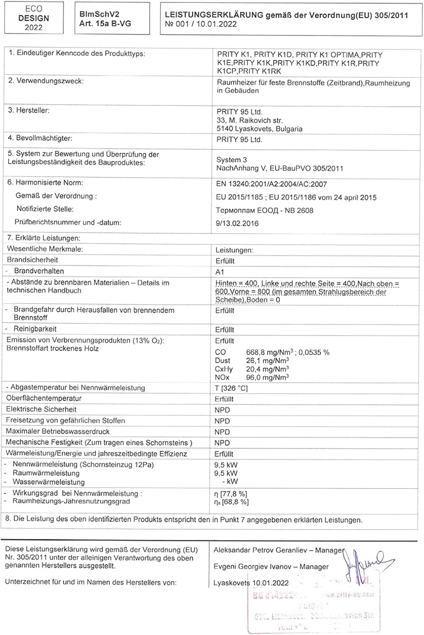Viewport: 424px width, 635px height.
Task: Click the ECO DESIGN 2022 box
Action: [x=33, y=18]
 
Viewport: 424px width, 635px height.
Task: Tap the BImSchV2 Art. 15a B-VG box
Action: [x=112, y=19]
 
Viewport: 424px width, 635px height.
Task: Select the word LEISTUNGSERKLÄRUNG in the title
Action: [x=214, y=15]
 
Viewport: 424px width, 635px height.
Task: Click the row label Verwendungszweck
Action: [x=46, y=81]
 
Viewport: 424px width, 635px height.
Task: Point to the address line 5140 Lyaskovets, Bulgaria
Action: [x=259, y=129]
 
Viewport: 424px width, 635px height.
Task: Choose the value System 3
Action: [x=232, y=160]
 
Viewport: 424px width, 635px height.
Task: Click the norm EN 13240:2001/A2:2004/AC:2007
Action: [x=271, y=184]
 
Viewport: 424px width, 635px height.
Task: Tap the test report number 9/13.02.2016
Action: [x=237, y=224]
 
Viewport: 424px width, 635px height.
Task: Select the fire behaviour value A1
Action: [x=220, y=272]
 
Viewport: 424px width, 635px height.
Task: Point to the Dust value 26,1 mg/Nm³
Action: [x=268, y=361]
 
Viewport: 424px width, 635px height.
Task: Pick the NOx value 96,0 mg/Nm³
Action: [x=268, y=377]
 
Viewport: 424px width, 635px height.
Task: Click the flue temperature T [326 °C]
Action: [x=231, y=388]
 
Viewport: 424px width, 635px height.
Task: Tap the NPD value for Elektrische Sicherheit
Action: [x=222, y=410]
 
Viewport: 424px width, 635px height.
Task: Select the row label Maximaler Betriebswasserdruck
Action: [x=58, y=431]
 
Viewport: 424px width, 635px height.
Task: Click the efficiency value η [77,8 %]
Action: [x=231, y=494]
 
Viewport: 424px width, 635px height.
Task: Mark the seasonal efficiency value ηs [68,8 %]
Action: [x=232, y=502]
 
